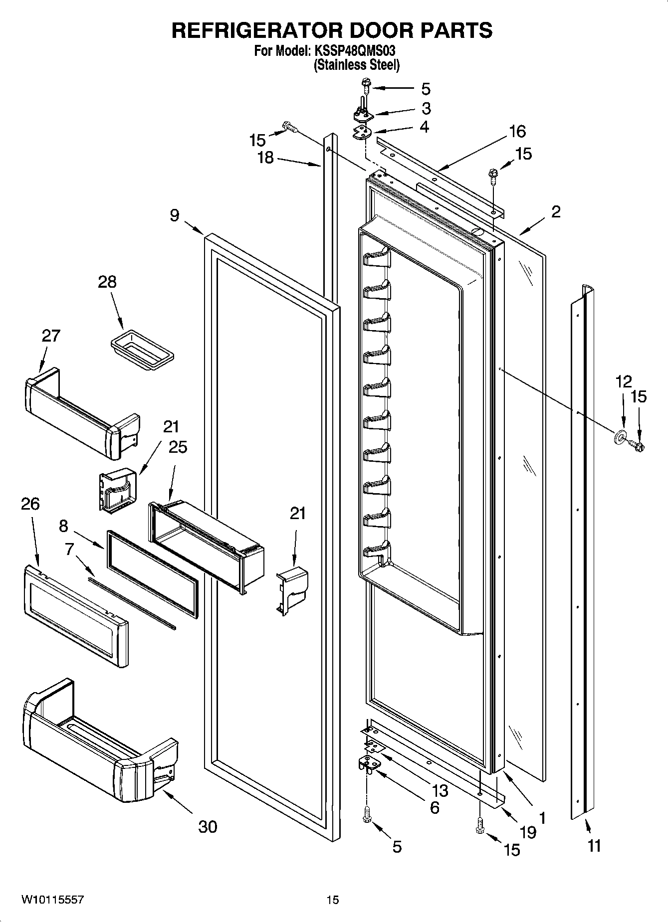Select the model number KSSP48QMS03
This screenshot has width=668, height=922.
356,51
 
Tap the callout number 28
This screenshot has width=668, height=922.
107,282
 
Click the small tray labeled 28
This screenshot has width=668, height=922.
142,350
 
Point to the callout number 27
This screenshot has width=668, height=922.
50,336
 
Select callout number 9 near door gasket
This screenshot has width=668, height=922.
174,216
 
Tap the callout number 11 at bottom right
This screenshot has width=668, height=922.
594,846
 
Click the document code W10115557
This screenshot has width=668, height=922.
52,900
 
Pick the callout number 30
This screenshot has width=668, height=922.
208,827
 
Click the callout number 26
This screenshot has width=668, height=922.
30,504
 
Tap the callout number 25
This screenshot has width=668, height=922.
178,447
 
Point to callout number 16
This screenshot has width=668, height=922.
517,132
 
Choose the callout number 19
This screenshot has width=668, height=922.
527,832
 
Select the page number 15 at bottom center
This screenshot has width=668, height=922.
333,900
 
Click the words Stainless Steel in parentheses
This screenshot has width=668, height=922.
356,65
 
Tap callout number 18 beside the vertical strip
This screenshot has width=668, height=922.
265,158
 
